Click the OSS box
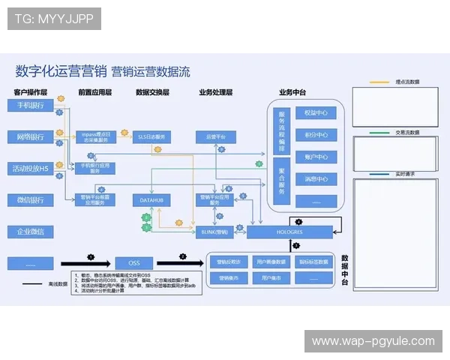(133, 263)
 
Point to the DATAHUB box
(151, 200)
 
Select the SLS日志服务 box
(151, 137)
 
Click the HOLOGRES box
(289, 232)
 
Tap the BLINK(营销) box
(214, 232)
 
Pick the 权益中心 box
(315, 113)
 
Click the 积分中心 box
(315, 136)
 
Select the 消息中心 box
(315, 180)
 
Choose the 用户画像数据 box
(271, 262)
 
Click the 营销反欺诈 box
(228, 262)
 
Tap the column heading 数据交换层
(152, 92)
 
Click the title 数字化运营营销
(59, 71)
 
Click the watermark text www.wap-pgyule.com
(373, 341)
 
